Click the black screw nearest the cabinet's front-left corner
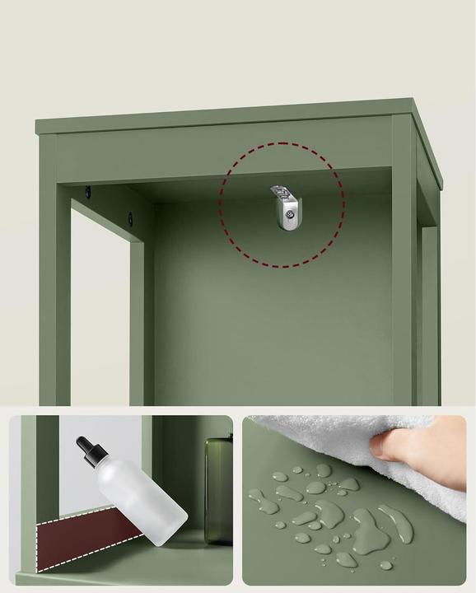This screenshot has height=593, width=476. coord(89,193)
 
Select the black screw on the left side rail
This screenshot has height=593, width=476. coord(129,219)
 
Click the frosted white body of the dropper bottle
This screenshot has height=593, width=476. coord(142,502)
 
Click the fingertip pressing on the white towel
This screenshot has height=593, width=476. coord(380,446)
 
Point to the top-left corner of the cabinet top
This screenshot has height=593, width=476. coord(37,124)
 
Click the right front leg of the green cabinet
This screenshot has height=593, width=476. coord(404,272)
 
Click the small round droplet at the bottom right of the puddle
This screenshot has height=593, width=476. coord(386,565)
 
